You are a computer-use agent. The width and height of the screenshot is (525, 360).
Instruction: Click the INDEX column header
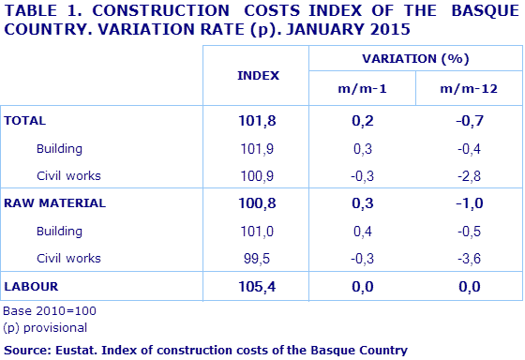coord(259,75)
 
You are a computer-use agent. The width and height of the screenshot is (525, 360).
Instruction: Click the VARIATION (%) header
coord(413,58)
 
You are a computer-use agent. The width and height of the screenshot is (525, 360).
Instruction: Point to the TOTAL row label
coord(25,121)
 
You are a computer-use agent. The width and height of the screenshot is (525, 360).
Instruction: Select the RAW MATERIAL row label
coord(55,202)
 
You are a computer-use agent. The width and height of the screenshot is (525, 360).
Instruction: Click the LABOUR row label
coord(31,284)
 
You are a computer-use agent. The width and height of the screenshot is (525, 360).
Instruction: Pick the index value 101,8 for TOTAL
coord(259,121)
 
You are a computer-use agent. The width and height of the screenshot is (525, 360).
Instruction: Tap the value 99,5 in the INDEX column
coord(260,257)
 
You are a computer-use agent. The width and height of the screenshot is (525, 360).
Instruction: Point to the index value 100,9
coord(259,175)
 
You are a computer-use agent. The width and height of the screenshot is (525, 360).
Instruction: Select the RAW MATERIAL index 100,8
coord(259,202)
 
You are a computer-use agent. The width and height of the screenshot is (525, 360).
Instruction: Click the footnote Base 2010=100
coord(50,310)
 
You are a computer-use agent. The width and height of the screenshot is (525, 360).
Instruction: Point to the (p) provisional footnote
coord(45,327)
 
